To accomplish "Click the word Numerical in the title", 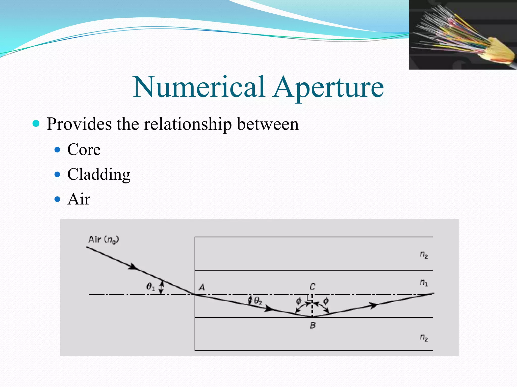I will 199,87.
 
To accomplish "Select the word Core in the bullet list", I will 84,150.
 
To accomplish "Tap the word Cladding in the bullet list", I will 99,174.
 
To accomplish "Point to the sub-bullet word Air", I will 79,199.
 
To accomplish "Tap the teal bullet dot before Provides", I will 36,123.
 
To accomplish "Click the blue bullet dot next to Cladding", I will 58,174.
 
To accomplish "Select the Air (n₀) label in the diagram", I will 104,239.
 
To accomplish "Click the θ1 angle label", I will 151,287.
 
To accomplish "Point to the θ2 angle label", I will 258,301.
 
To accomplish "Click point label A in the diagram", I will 202,287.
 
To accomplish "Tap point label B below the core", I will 313,326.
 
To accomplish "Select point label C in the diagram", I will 312,287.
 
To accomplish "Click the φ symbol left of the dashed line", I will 299,301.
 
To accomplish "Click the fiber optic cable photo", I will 463,35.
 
